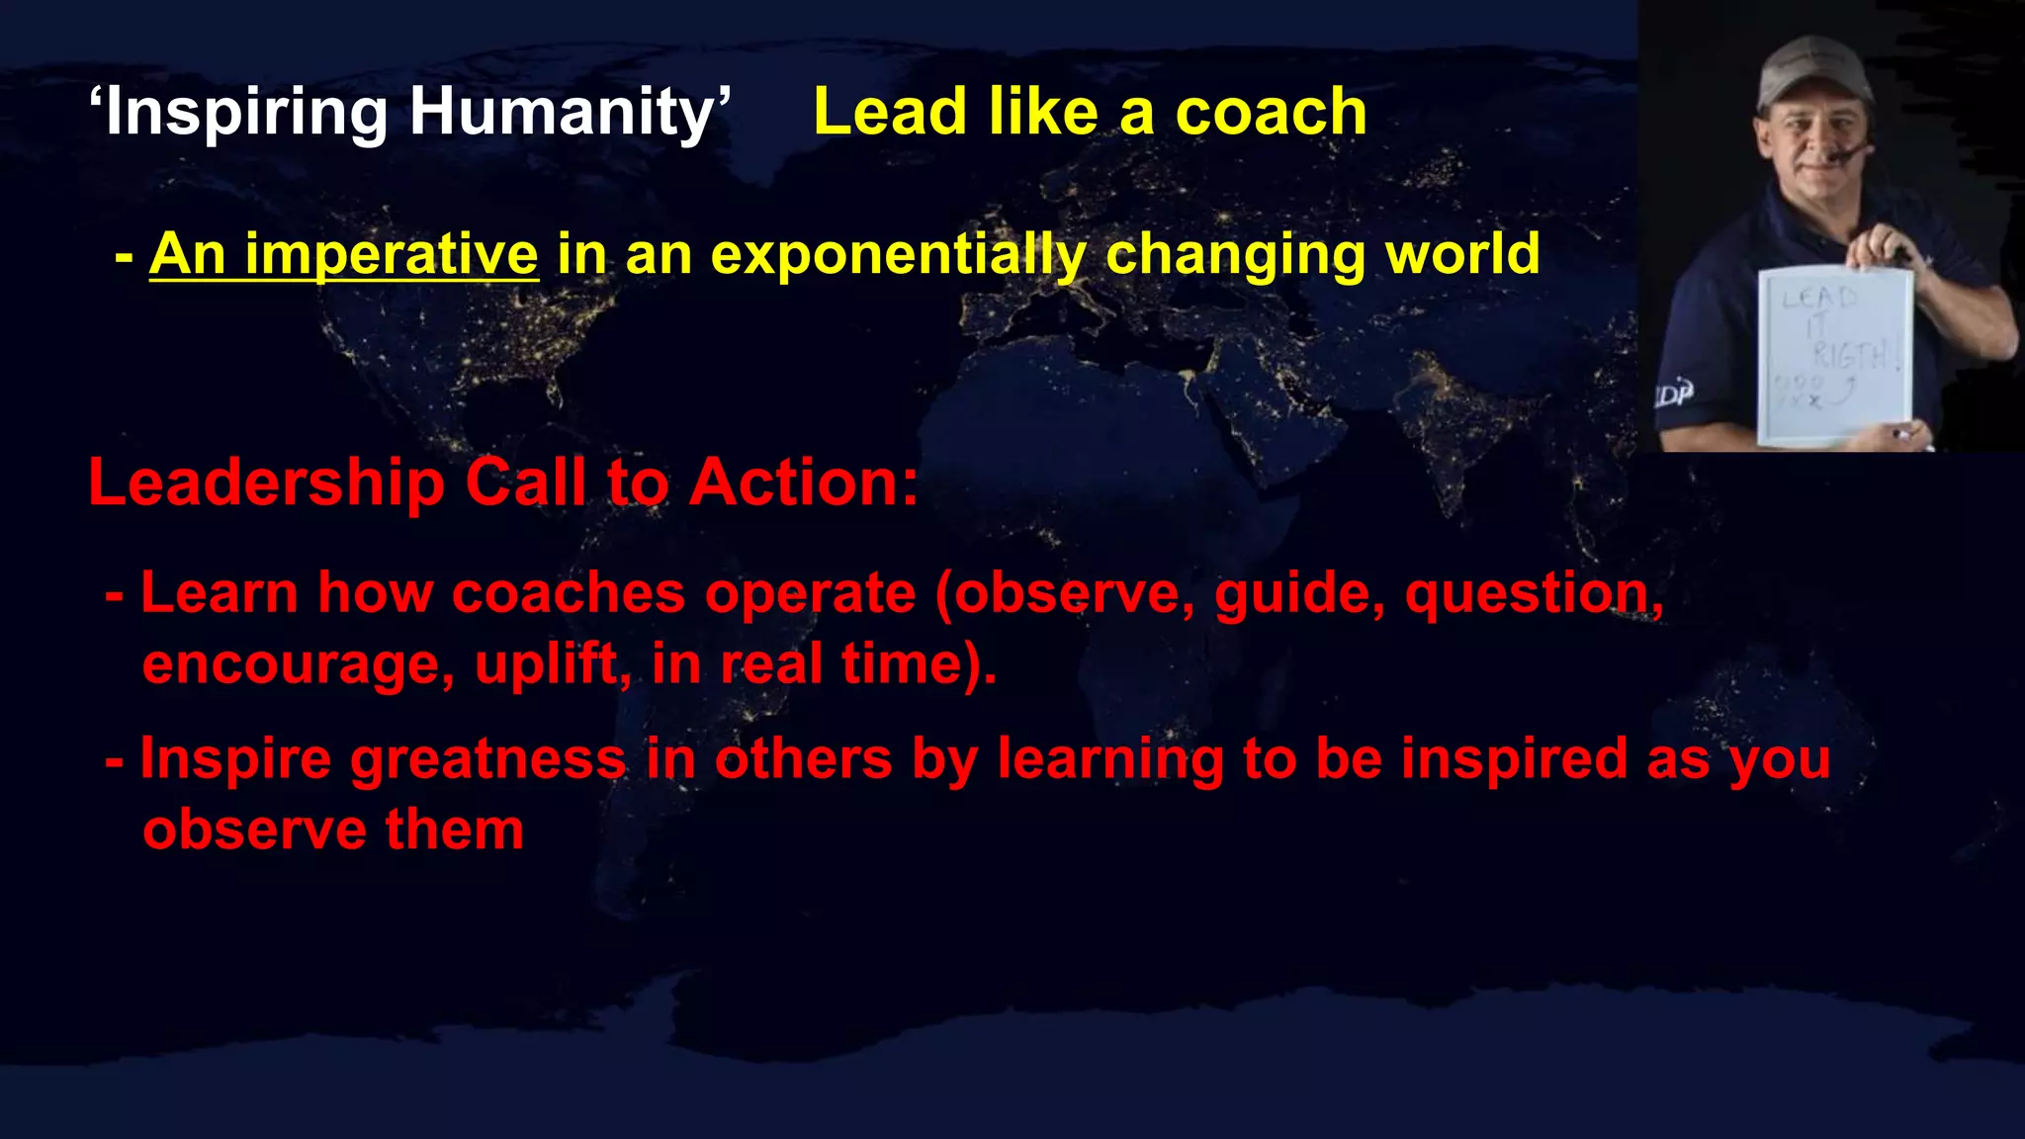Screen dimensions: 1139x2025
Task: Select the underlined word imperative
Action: pyautogui.click(x=391, y=255)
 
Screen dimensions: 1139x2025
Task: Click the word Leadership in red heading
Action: pyautogui.click(x=267, y=483)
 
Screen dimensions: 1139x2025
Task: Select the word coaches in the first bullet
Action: pyautogui.click(x=568, y=593)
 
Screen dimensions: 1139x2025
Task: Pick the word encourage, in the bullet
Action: pyautogui.click(x=298, y=664)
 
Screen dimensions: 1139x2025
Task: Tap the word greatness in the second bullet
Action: pyautogui.click(x=487, y=760)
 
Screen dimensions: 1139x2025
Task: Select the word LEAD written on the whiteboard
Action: pyautogui.click(x=1819, y=297)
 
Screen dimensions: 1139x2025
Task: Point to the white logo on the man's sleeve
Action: pyautogui.click(x=1674, y=394)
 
